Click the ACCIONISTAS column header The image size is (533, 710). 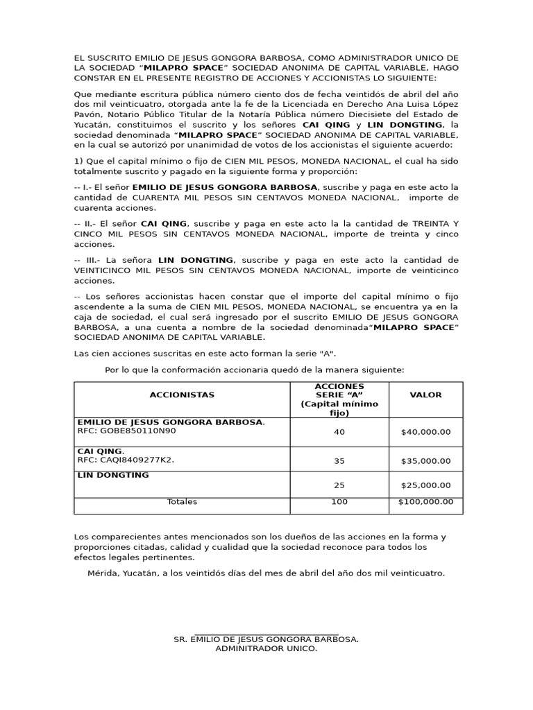tap(182, 395)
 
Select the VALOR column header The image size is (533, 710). tap(425, 395)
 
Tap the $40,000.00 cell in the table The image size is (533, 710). tap(425, 432)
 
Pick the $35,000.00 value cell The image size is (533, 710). tap(425, 460)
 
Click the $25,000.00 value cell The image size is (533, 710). tap(425, 485)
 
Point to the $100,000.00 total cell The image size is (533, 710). tap(425, 502)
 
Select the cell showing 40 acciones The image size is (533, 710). tap(339, 432)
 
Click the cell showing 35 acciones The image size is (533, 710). tap(339, 460)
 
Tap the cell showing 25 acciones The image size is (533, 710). tap(339, 485)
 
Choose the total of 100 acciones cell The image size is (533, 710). tap(339, 502)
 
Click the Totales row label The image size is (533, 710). tap(182, 502)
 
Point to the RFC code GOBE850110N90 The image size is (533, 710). tap(137, 431)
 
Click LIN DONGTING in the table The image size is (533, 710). tap(113, 476)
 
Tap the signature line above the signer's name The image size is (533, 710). tap(266, 633)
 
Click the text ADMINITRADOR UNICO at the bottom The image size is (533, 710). tap(266, 649)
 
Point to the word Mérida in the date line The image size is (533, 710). tap(102, 573)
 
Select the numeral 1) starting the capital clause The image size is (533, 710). tap(78, 161)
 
